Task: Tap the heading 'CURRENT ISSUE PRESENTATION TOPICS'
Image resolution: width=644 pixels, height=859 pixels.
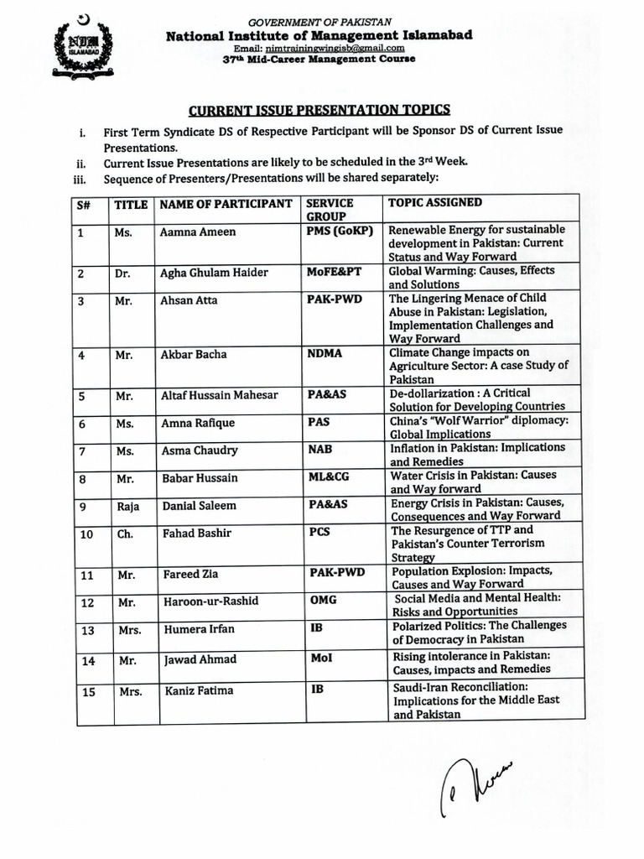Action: coord(319,110)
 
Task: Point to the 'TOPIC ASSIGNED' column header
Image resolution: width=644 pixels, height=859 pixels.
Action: coord(434,203)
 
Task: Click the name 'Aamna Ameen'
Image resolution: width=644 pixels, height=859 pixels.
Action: coord(198,232)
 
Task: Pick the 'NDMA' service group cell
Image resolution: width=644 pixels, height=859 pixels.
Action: coord(325,354)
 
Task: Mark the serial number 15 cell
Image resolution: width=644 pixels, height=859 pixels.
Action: coord(86,691)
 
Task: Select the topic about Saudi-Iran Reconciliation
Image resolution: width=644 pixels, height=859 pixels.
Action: coord(475,700)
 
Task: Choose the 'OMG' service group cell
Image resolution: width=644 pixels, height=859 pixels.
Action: coord(323,600)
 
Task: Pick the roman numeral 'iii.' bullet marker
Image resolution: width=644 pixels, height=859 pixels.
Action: coord(81,178)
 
